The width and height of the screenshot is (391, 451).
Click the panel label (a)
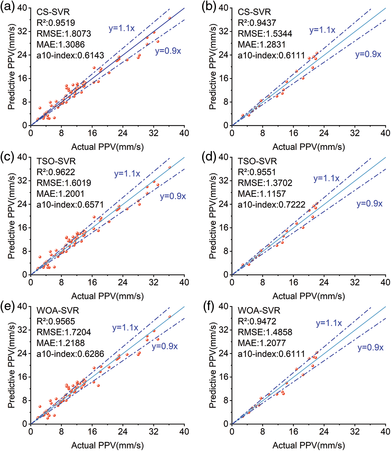[7, 7]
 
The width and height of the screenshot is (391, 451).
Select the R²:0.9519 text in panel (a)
[56, 23]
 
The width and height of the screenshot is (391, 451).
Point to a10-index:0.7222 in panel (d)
[271, 205]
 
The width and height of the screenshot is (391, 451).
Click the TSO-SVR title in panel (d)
[257, 161]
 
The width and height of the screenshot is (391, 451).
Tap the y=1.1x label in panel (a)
[122, 28]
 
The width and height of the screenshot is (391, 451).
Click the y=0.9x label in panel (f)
[370, 348]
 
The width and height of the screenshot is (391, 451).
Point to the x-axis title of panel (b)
[309, 147]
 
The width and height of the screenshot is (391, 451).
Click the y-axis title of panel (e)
[11, 365]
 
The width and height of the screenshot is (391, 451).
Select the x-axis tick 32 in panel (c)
[154, 282]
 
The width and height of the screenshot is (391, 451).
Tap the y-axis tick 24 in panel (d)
[224, 204]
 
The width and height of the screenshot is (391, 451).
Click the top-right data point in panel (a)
[170, 18]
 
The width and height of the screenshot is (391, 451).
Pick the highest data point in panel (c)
[170, 168]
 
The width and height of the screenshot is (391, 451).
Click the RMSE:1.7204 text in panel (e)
[64, 332]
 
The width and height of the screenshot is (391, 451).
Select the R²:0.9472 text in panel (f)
[257, 321]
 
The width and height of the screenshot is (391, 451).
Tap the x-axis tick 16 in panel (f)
[293, 432]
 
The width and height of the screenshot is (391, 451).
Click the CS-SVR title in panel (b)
[254, 12]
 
